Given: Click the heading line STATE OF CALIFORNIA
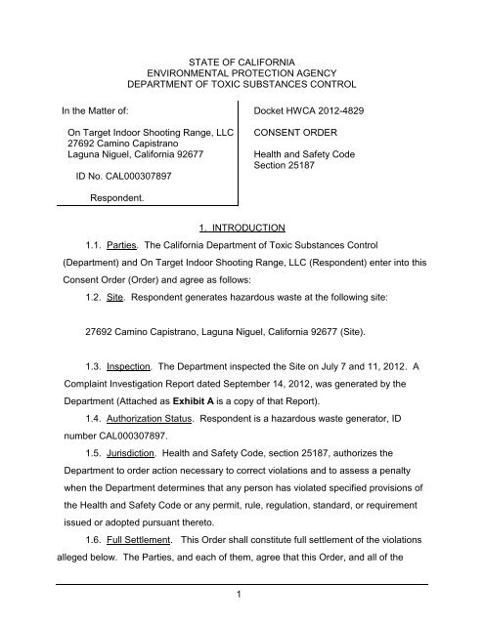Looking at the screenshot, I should pyautogui.click(x=241, y=63).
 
